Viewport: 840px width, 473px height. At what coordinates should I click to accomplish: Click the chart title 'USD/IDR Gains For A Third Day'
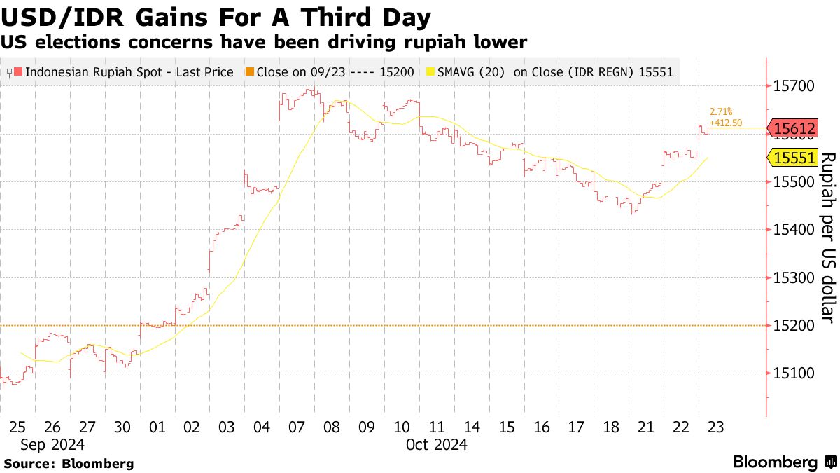216,16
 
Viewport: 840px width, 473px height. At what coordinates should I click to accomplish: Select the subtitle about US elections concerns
263,43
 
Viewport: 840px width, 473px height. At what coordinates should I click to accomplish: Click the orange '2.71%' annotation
720,111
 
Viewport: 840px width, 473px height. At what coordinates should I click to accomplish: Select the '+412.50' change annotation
726,121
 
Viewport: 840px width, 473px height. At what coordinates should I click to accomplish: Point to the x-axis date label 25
17,427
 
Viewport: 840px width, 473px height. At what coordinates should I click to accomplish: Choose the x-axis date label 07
296,427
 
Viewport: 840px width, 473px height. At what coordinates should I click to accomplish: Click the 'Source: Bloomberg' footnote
69,463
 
